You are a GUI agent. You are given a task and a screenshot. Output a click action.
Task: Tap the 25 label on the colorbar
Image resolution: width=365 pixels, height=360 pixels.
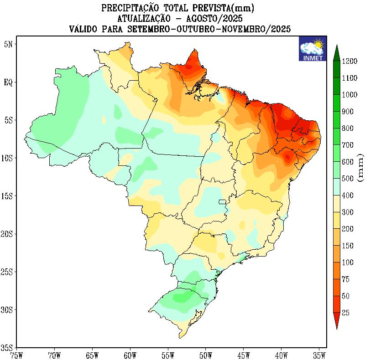pyautogui.click(x=345, y=313)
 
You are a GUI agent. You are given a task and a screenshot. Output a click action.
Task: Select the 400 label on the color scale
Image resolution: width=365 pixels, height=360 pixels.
pyautogui.click(x=349, y=195)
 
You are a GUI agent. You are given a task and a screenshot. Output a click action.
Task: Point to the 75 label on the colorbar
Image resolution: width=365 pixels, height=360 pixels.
pyautogui.click(x=345, y=279)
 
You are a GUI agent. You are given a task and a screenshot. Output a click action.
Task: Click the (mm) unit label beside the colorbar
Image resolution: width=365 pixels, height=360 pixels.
pyautogui.click(x=360, y=168)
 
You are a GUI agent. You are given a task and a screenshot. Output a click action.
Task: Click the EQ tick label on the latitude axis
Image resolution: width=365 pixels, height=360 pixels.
pyautogui.click(x=9, y=82)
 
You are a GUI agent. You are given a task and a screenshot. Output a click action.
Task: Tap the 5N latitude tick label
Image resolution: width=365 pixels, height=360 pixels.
pyautogui.click(x=9, y=44)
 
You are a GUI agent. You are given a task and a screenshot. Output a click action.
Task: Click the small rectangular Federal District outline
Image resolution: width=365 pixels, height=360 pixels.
pyautogui.click(x=223, y=202)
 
